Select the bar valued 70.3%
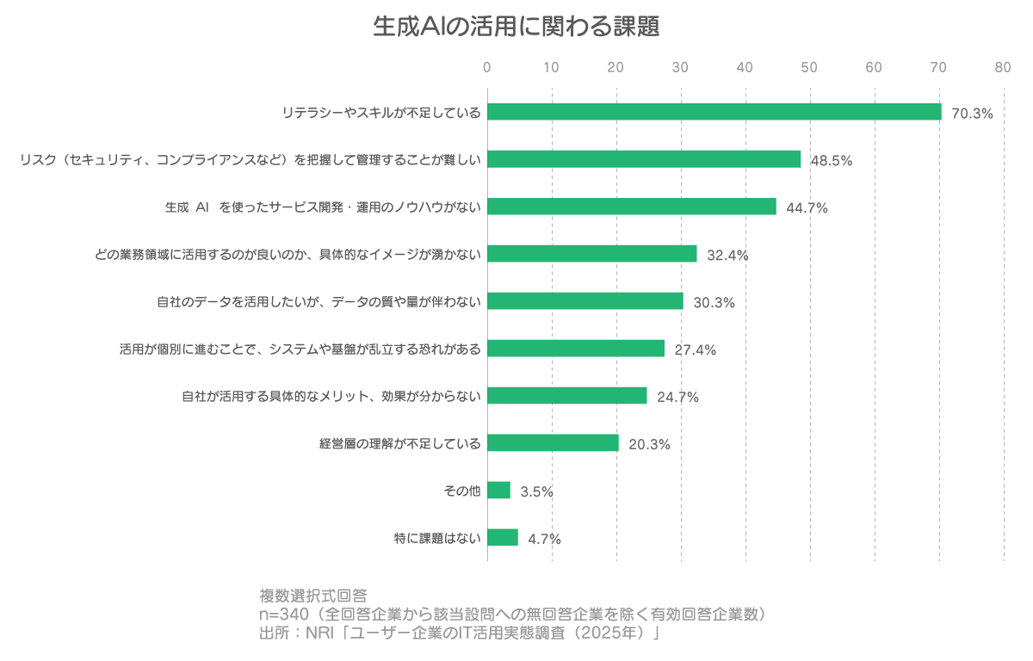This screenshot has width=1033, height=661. tap(714, 112)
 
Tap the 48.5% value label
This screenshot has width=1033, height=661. tap(832, 160)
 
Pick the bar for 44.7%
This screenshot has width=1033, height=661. tap(632, 207)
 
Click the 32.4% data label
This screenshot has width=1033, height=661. tap(727, 255)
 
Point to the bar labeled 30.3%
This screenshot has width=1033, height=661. tap(585, 301)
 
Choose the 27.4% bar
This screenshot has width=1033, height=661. tap(576, 349)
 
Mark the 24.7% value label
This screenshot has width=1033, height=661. tap(677, 397)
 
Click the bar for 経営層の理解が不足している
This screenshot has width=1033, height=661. tap(553, 443)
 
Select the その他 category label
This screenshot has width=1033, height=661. tap(461, 491)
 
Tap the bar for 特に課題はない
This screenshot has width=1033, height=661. tap(503, 538)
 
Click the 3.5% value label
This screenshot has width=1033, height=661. tap(536, 491)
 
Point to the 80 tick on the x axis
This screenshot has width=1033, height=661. tap(1003, 67)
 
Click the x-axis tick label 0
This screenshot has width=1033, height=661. tap(487, 67)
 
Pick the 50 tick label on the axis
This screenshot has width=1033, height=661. tap(809, 67)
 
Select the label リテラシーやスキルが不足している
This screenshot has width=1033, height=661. tap(381, 113)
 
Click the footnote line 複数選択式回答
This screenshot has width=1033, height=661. tap(313, 596)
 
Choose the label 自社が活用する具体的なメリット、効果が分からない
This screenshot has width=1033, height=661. tap(331, 396)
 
